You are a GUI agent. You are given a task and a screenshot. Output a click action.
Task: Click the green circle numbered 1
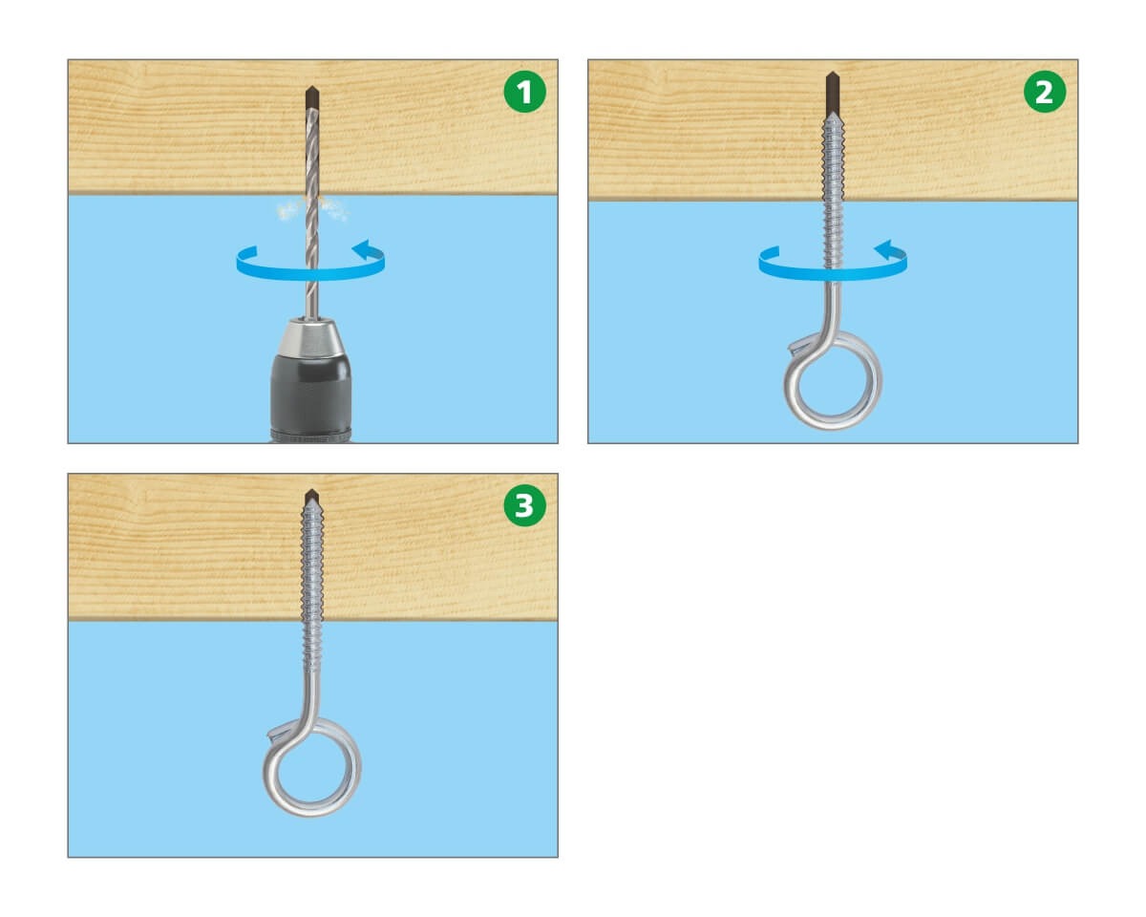[x=524, y=91]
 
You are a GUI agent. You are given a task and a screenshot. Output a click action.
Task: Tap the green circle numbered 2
[x=1044, y=91]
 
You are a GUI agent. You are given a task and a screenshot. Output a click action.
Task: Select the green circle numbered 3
[x=524, y=505]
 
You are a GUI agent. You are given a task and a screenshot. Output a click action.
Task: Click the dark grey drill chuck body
[x=311, y=397]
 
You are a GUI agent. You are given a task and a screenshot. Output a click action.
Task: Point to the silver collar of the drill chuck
[x=311, y=337]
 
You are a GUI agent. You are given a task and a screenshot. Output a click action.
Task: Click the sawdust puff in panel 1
[x=312, y=208]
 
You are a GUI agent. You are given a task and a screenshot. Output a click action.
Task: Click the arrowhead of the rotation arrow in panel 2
[x=886, y=249]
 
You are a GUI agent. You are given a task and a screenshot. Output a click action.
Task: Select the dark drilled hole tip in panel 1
[x=312, y=97]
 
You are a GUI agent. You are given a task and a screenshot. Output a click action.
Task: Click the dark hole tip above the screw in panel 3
[x=312, y=497]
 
